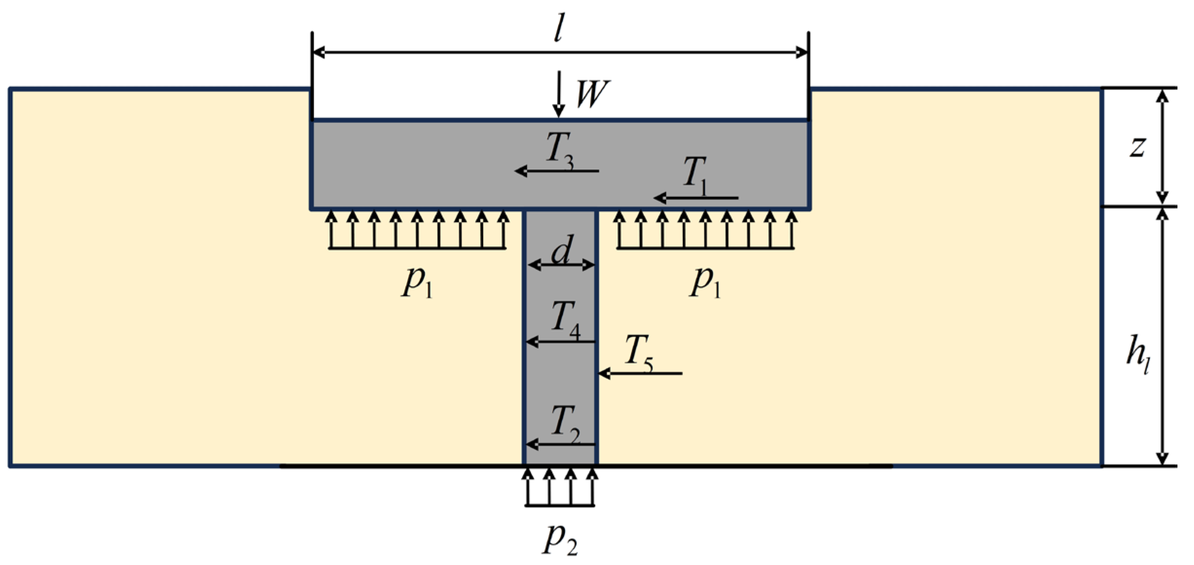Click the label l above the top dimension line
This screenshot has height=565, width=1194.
click(x=559, y=28)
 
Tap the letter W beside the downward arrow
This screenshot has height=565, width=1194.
click(x=592, y=94)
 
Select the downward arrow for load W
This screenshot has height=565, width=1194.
click(x=560, y=93)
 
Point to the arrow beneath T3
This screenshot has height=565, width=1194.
click(x=557, y=171)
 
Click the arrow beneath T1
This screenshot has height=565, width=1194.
click(x=696, y=198)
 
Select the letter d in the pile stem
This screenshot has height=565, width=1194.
click(x=562, y=250)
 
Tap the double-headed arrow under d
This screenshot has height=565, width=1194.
click(x=561, y=265)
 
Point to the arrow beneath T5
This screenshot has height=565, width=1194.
click(x=640, y=373)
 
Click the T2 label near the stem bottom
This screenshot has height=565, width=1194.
click(x=565, y=423)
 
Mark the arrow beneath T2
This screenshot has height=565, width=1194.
click(x=561, y=444)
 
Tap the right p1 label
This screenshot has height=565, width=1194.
click(x=706, y=283)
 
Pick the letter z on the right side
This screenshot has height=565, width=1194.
click(x=1138, y=146)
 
